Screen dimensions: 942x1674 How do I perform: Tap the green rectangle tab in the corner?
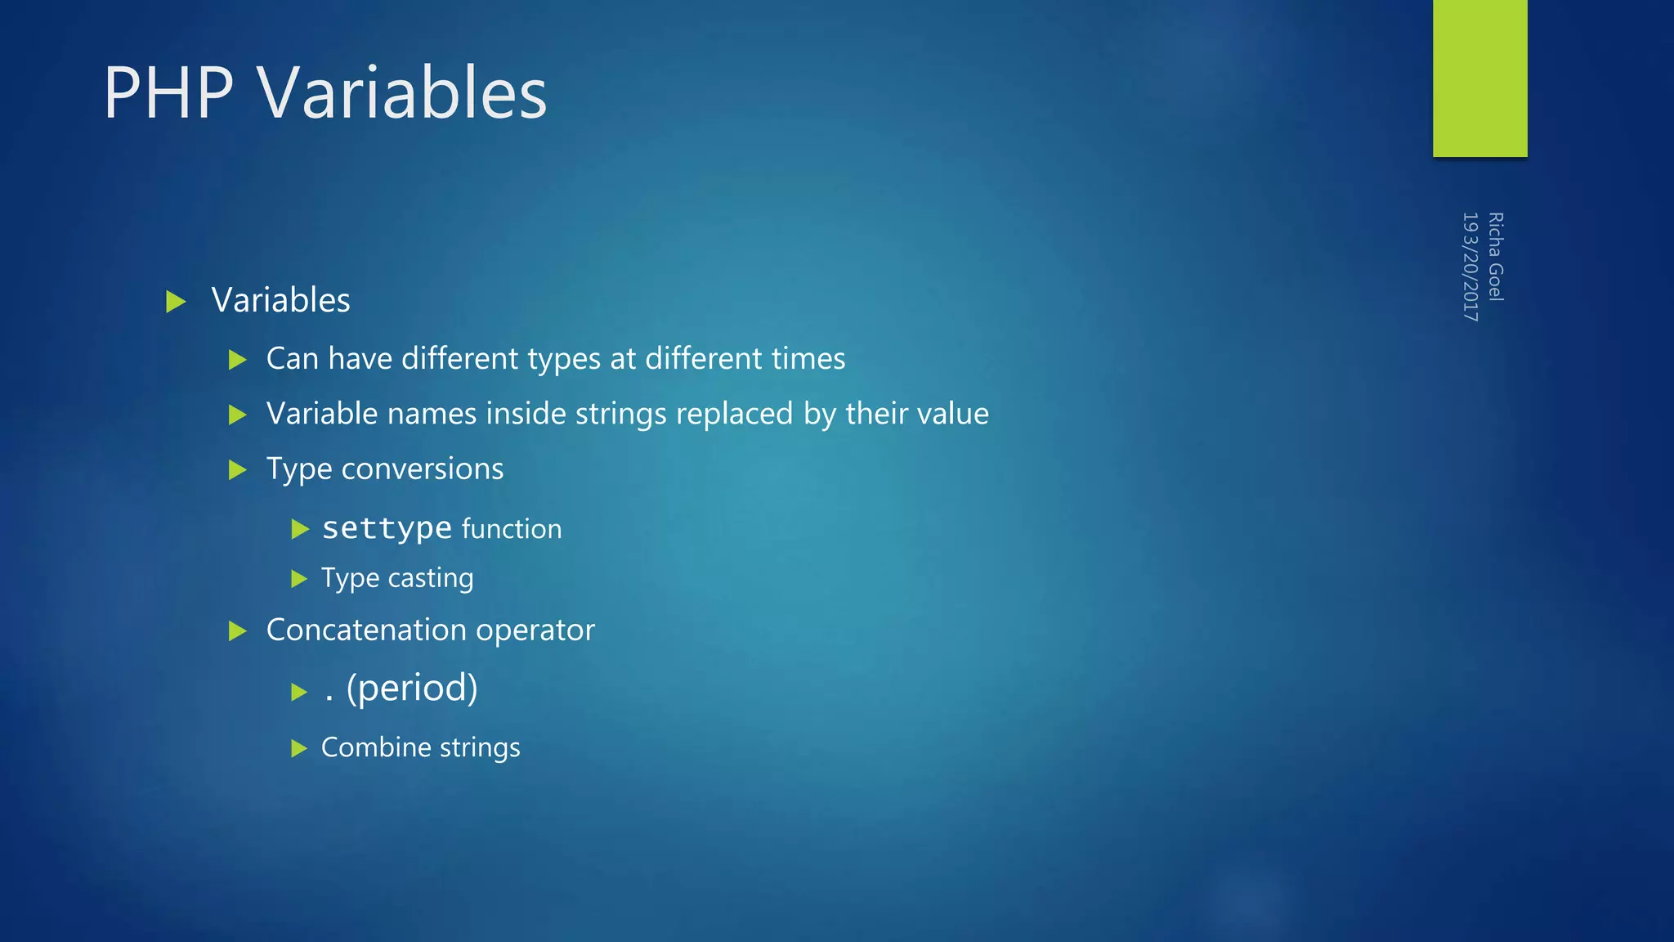point(1479,78)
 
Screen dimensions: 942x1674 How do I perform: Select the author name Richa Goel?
point(1496,257)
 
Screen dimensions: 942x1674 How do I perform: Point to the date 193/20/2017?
point(1470,267)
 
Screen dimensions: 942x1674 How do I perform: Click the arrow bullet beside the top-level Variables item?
point(176,302)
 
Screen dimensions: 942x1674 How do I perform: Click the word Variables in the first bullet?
point(280,300)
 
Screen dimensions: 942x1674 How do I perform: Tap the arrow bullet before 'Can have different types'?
point(238,360)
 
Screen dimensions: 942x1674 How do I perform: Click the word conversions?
point(422,469)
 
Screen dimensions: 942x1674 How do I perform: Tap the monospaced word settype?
point(387,528)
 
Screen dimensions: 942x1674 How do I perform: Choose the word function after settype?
point(512,529)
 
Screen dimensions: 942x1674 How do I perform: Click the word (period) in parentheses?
point(412,689)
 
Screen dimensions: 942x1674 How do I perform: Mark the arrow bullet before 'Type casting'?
point(299,580)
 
